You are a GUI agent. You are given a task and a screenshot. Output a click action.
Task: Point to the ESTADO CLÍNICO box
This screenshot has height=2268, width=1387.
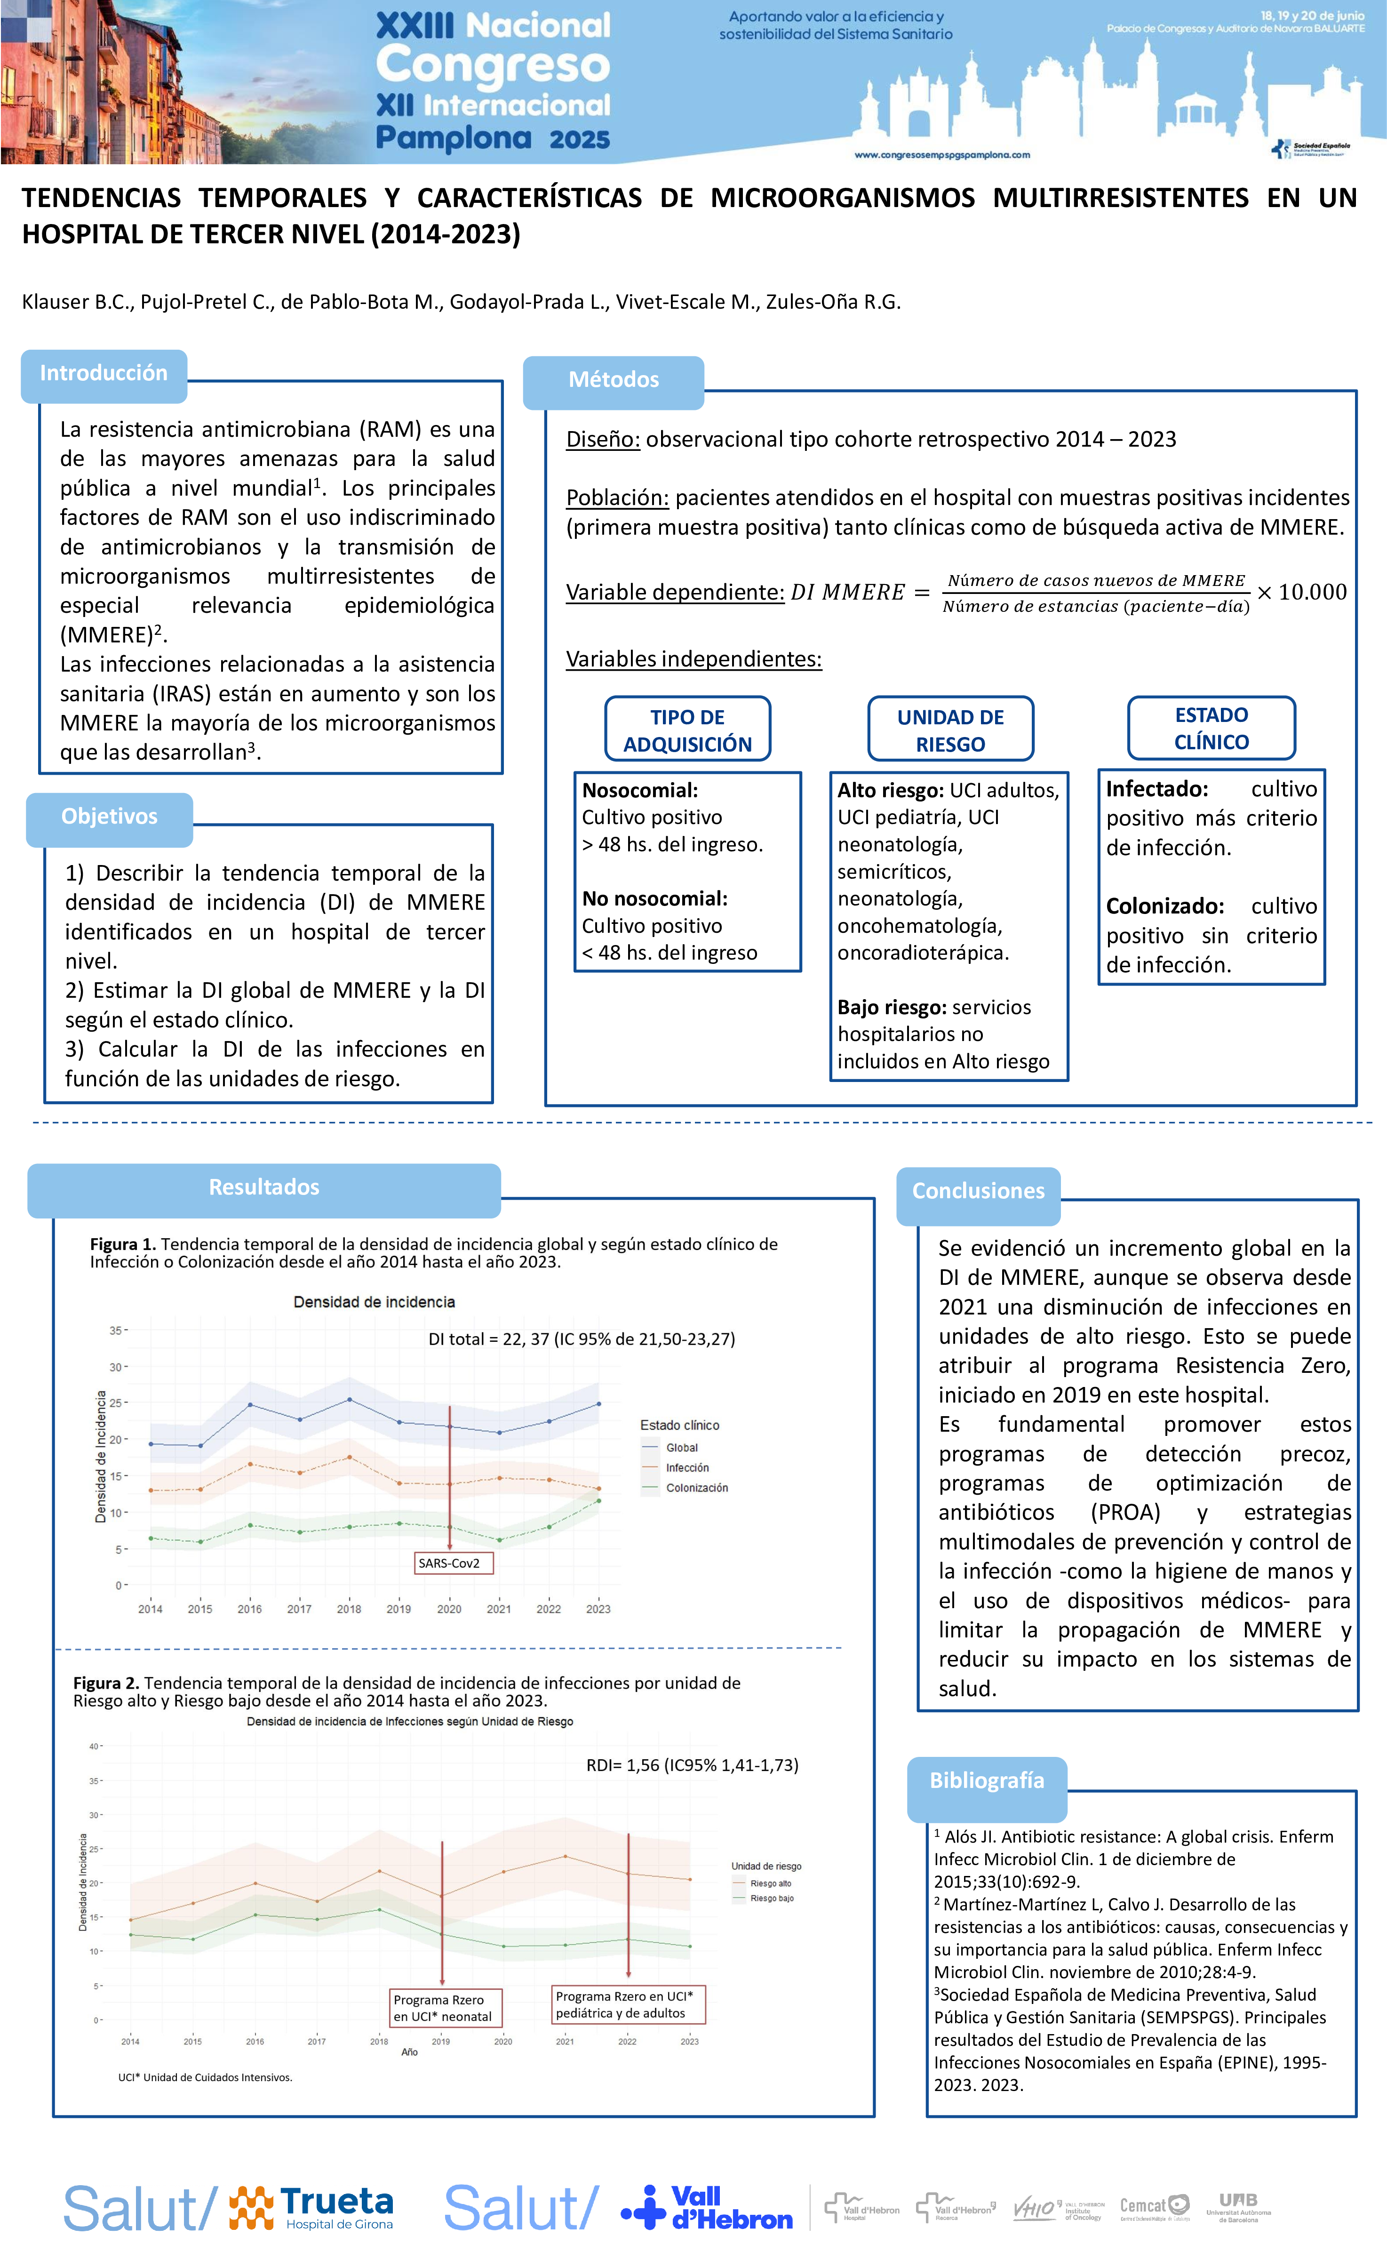click(x=1211, y=728)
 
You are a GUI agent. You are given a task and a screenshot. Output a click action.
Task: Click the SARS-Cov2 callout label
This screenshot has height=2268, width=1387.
click(x=449, y=1563)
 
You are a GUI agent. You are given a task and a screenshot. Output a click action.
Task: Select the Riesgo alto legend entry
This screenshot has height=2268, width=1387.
click(x=770, y=1883)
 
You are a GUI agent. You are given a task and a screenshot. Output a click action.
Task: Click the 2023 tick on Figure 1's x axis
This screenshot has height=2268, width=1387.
click(x=598, y=1609)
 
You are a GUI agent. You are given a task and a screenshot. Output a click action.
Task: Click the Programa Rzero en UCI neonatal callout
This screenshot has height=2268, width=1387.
click(x=443, y=2008)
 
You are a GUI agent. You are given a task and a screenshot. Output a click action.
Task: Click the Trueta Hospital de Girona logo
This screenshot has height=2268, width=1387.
click(x=313, y=2208)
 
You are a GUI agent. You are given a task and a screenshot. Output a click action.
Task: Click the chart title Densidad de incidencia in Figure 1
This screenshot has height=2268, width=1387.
click(x=374, y=1301)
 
